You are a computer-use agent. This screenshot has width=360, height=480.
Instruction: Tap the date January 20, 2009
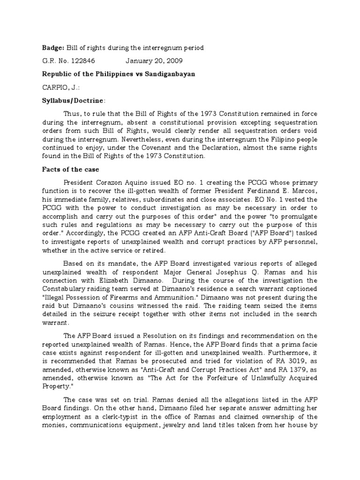[154, 61]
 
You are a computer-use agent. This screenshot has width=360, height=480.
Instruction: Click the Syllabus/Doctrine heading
[74, 100]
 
